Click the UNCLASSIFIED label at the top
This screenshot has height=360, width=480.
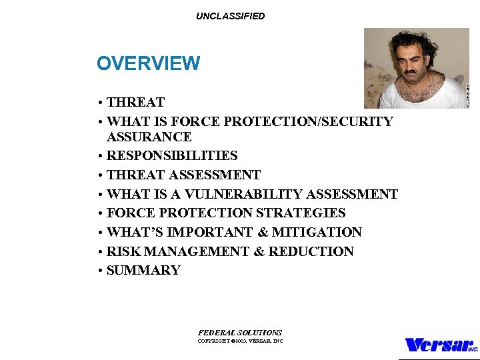[x=230, y=16]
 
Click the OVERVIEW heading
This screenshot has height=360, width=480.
[x=148, y=63]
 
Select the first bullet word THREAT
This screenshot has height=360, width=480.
[x=135, y=103]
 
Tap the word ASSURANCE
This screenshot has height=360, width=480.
[x=149, y=137]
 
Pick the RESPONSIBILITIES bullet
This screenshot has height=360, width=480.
[x=172, y=156]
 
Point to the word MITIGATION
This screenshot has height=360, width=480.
[x=317, y=233]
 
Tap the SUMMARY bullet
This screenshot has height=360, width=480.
[x=143, y=271]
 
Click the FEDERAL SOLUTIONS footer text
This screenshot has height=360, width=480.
[x=240, y=333]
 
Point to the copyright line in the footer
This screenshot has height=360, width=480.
[x=240, y=341]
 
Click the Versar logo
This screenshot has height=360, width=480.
[x=441, y=345]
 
